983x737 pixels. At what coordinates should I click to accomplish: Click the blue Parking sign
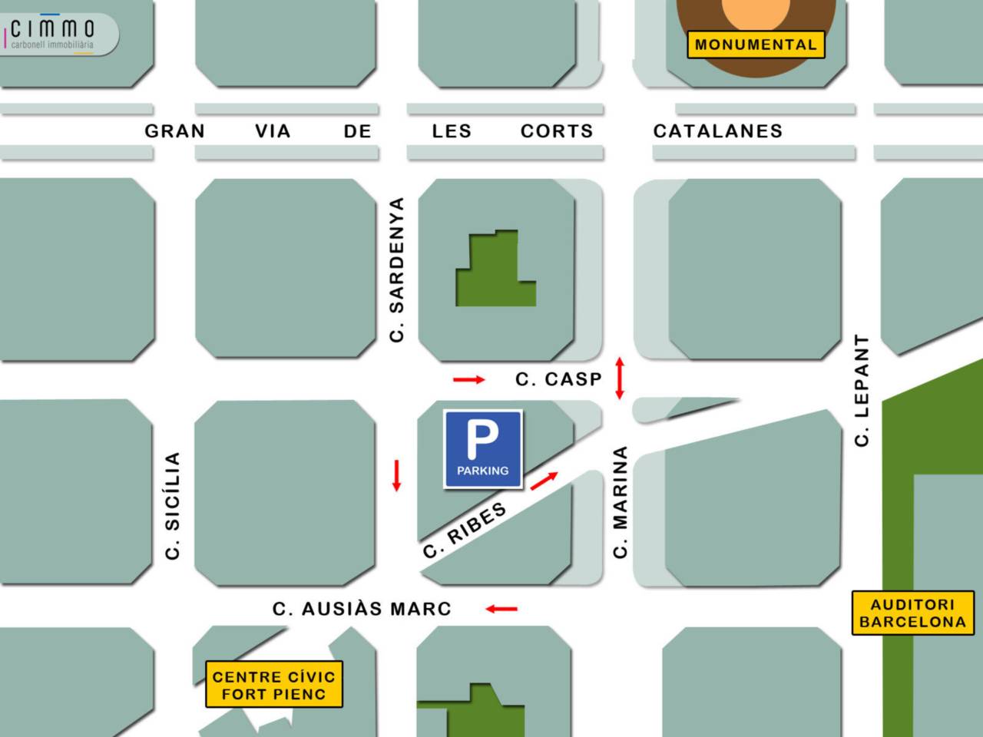(483, 449)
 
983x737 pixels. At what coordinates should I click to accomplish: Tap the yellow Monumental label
(756, 45)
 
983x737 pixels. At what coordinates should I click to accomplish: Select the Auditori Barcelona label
(912, 613)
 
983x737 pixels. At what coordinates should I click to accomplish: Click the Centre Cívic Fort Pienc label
(273, 685)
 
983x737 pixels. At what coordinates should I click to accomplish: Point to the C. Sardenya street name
(396, 269)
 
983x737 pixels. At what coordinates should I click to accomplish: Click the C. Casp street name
(558, 379)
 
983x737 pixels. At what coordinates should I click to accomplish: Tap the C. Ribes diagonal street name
(465, 530)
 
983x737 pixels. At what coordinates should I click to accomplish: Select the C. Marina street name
(621, 502)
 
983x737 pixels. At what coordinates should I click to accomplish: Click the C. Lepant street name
(862, 390)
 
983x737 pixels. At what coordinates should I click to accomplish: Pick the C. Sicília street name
(173, 505)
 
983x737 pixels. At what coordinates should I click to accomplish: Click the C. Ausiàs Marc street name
(362, 609)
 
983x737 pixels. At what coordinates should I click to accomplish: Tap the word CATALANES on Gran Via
(717, 131)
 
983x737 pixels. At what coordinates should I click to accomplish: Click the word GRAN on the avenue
(175, 131)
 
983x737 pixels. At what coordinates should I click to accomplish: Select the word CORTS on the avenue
(557, 131)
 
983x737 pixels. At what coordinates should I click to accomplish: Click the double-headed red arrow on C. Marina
(620, 378)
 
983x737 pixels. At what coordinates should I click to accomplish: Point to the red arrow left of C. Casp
(468, 379)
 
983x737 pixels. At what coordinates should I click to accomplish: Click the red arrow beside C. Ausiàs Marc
(501, 609)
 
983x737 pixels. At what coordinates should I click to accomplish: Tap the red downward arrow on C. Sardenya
(396, 475)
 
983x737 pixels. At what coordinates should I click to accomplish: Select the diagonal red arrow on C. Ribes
(544, 481)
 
